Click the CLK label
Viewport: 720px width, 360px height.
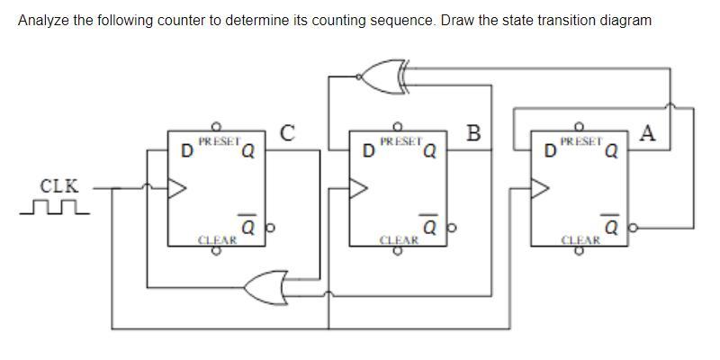(x=59, y=186)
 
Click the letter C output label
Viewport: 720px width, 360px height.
(x=286, y=133)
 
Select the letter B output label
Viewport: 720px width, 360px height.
(x=474, y=133)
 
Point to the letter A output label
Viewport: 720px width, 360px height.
(x=648, y=133)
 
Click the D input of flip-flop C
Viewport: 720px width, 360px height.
(x=186, y=150)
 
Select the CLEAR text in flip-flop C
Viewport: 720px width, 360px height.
(x=217, y=240)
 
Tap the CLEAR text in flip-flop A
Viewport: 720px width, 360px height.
(x=580, y=240)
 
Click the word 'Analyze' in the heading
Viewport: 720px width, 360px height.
(x=42, y=20)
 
